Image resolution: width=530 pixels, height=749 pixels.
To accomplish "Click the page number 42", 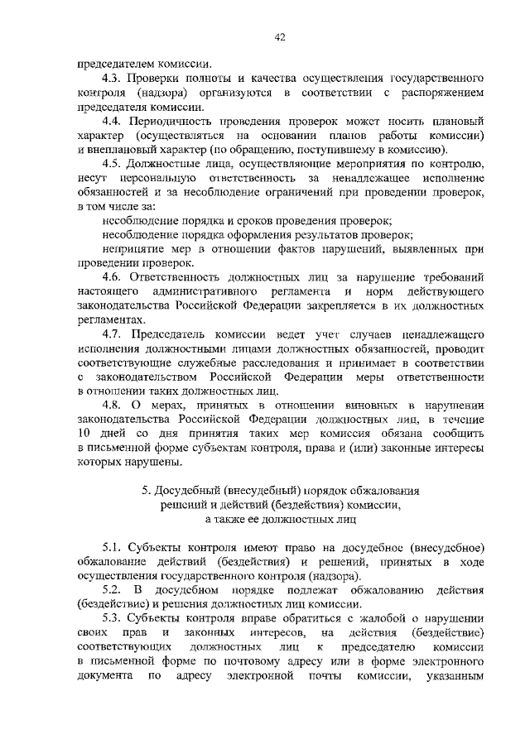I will [x=280, y=37].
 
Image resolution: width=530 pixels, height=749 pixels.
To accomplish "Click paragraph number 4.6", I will [x=113, y=277].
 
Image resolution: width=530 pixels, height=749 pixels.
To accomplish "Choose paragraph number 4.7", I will [x=113, y=334].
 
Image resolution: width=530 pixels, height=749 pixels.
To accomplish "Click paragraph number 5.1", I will [x=113, y=548].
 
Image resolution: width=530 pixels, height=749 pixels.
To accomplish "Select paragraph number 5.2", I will [x=113, y=589].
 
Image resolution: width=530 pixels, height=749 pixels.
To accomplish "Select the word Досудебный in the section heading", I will [x=194, y=491].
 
